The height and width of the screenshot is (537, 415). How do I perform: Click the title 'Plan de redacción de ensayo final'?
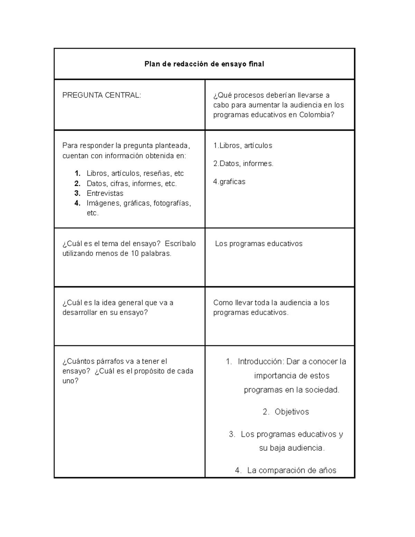pos(204,64)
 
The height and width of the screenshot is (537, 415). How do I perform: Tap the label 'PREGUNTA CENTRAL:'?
pos(102,95)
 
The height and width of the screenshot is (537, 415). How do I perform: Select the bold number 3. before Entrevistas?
pos(77,193)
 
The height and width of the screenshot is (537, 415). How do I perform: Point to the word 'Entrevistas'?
pos(105,193)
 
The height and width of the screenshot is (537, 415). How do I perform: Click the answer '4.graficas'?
pos(229,182)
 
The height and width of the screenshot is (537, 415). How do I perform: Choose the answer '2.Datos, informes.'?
pos(243,164)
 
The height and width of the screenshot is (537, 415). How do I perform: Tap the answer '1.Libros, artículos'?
pos(243,146)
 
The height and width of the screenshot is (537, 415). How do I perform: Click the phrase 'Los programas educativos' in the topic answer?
pos(259,244)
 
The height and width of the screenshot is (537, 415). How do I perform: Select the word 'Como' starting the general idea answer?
pos(223,303)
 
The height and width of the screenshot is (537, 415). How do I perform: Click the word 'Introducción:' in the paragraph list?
pos(261,362)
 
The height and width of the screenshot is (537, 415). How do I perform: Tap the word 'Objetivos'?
pos(292,412)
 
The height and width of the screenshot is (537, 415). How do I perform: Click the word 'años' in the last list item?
pos(328,470)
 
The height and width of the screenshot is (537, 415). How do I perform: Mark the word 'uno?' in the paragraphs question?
pos(70,381)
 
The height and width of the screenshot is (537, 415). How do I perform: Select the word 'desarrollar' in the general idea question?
pos(80,313)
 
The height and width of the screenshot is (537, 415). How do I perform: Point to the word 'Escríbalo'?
pos(180,244)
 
